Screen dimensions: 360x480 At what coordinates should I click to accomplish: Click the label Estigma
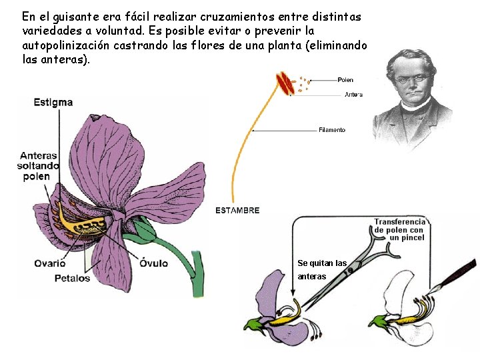tap(53, 103)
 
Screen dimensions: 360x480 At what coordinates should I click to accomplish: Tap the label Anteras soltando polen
tap(39, 166)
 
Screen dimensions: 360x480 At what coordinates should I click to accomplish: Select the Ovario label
tap(50, 263)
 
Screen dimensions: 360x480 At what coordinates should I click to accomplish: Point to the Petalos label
tap(72, 278)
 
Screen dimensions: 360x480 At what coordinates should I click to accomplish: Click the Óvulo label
tap(153, 263)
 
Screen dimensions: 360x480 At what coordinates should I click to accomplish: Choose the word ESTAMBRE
tap(237, 210)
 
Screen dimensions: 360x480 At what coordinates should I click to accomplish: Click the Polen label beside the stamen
tap(345, 80)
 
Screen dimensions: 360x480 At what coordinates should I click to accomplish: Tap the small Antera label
tap(353, 95)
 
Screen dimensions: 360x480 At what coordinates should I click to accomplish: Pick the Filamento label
tap(332, 130)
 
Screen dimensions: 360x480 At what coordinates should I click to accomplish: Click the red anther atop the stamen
tap(286, 85)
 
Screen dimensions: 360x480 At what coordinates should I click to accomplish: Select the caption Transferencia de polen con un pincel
tap(399, 229)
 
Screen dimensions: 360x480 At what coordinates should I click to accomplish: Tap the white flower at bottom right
tap(400, 313)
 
